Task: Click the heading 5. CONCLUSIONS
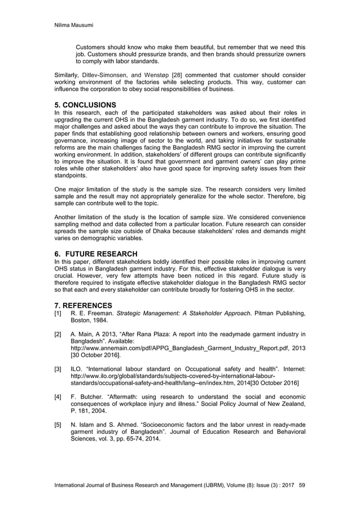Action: click(x=84, y=105)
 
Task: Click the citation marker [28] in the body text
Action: click(x=174, y=76)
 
